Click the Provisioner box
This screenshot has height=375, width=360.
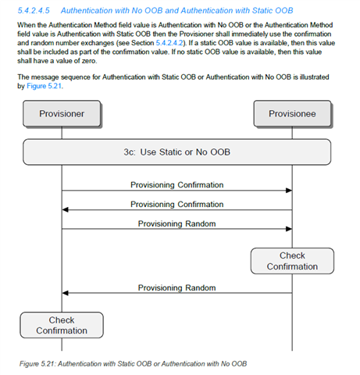tap(62, 114)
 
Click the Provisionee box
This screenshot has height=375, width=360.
tap(292, 114)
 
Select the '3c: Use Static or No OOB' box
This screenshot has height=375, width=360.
tap(177, 152)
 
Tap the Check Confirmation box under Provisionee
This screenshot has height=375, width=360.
tap(292, 261)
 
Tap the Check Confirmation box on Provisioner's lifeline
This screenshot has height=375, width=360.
tap(62, 325)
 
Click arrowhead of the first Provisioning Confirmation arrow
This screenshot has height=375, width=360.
tap(289, 191)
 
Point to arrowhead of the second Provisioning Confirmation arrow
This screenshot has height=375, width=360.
tap(65, 209)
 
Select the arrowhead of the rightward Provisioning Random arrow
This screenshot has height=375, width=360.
tap(289, 229)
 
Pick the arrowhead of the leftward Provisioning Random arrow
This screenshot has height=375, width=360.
tap(65, 293)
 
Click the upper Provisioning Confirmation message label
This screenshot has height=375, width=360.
tap(177, 185)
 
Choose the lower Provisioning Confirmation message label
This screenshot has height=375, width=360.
tap(177, 204)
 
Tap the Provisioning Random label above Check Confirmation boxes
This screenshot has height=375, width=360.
tap(177, 223)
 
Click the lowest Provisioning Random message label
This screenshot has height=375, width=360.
tap(177, 287)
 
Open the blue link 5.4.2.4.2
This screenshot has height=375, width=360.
tap(169, 43)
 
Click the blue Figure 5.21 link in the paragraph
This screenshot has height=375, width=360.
tap(45, 86)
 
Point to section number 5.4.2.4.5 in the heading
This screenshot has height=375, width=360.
tap(34, 10)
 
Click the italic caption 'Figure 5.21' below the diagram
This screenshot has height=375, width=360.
tap(37, 364)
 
